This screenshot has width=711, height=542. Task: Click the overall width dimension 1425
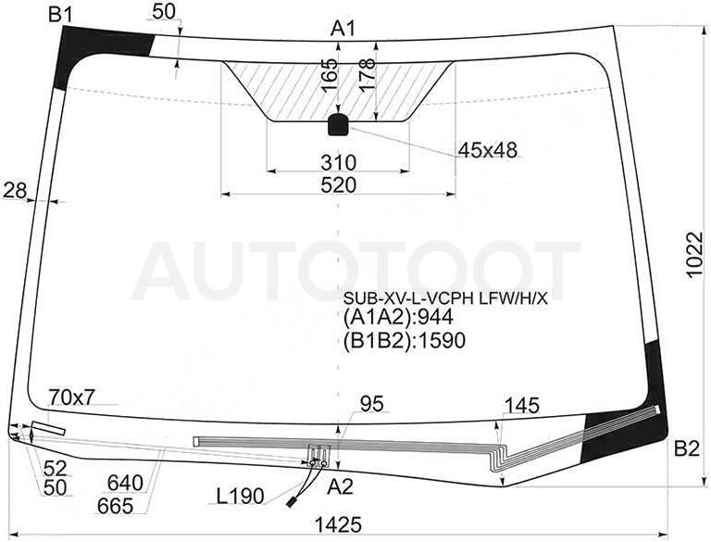point(338,524)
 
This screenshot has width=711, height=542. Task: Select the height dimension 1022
point(693,255)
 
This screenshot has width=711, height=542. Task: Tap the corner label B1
point(61,15)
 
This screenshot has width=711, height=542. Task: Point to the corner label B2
point(687,449)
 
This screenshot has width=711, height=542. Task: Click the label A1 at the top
point(343,29)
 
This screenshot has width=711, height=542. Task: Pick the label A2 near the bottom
point(340,487)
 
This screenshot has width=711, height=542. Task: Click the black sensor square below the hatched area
point(338,125)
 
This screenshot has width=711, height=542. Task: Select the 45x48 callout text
point(488,150)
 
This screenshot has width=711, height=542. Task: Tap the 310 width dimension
point(338,162)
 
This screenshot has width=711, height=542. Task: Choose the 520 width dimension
point(338,185)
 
